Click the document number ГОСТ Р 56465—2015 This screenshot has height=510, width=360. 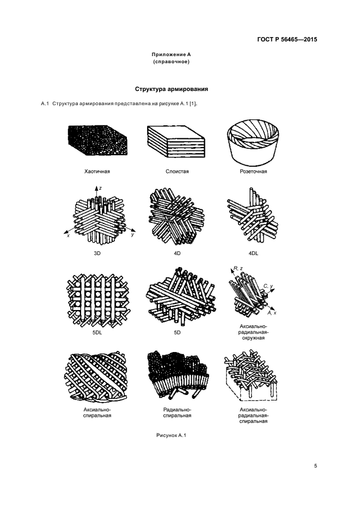tap(286, 40)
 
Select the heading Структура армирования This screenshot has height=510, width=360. tap(172, 89)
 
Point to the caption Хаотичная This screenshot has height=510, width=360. tap(97, 171)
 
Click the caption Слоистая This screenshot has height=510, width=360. tap(177, 171)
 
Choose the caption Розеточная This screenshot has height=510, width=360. tap(253, 171)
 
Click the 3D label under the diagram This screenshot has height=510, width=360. tap(97, 253)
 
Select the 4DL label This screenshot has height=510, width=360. tap(253, 253)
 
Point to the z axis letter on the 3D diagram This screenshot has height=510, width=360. tap(101, 187)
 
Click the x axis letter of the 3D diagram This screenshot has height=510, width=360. tap(68, 235)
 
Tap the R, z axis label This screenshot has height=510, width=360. tap(238, 269)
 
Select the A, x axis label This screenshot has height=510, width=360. tap(273, 314)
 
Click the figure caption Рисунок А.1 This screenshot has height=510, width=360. tap(172, 434)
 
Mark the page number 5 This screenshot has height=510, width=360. tap(315, 465)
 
